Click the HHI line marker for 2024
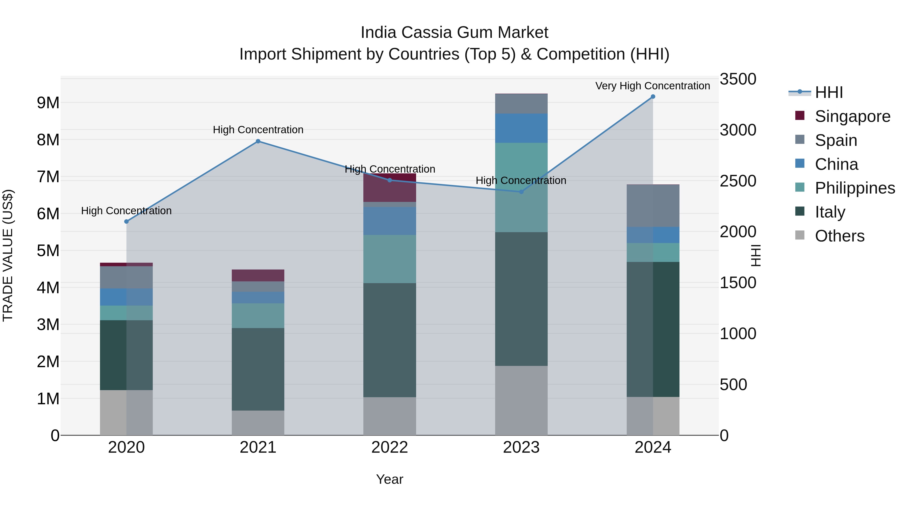tap(653, 97)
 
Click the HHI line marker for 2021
tap(258, 141)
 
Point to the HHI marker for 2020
tap(126, 222)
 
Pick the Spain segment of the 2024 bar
tap(653, 206)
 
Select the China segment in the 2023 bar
tap(521, 128)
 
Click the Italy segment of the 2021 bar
tap(258, 369)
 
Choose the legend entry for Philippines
tap(855, 188)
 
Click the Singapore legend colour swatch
tap(800, 116)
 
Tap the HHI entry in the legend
tap(828, 92)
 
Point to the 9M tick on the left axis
tap(48, 103)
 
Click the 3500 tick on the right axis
tap(738, 79)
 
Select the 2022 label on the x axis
tap(390, 447)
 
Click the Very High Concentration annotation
tap(652, 86)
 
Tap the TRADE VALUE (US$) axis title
tap(8, 255)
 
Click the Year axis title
tap(390, 479)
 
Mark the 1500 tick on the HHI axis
tap(738, 283)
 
